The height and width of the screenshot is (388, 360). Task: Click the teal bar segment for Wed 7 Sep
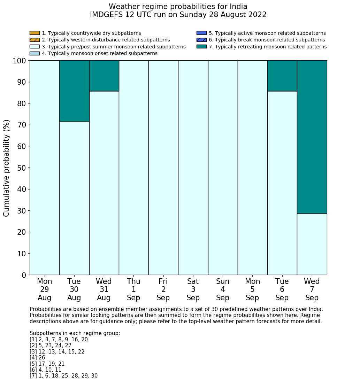[x=312, y=137]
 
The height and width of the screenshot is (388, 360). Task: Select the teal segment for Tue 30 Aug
[x=74, y=91]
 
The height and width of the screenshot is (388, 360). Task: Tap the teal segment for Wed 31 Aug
[x=104, y=76]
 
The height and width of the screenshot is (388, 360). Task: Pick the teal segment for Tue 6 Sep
[x=282, y=76]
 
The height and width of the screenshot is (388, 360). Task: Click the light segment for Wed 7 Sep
[x=312, y=244]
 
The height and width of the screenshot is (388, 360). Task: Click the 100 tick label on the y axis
[x=20, y=61]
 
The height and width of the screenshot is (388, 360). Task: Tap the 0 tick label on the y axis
[x=24, y=275]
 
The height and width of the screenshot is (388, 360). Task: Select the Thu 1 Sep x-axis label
[x=133, y=289]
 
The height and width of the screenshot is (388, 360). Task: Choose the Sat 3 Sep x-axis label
[x=193, y=289]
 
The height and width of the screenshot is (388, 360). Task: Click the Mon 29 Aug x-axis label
[x=44, y=289]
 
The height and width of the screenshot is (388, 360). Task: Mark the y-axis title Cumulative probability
[x=7, y=168]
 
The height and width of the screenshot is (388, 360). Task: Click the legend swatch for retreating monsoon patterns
[x=201, y=47]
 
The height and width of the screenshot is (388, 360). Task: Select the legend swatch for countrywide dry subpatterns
[x=35, y=33]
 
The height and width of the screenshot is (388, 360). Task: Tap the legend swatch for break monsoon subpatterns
[x=201, y=40]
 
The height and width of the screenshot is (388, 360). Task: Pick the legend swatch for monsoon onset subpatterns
[x=35, y=53]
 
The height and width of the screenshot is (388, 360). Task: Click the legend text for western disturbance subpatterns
[x=106, y=40]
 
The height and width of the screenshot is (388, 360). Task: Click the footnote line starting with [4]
[x=37, y=358]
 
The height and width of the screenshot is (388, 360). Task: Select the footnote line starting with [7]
[x=63, y=376]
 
